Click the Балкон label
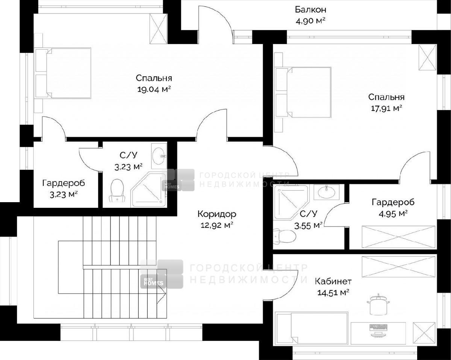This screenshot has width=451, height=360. click(x=310, y=10)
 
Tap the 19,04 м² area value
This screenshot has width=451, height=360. click(x=154, y=89)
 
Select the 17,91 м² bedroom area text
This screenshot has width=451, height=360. click(x=386, y=109)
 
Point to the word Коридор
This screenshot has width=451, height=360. click(x=217, y=214)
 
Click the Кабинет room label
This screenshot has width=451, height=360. click(x=333, y=281)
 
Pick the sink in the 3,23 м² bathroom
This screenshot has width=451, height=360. click(x=158, y=156)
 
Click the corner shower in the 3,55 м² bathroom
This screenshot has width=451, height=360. click(x=290, y=202)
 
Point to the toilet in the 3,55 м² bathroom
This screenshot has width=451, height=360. click(x=285, y=236)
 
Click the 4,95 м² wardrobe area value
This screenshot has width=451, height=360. click(x=393, y=214)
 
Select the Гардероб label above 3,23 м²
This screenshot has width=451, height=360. click(x=64, y=183)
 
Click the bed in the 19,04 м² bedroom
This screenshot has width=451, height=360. click(x=63, y=73)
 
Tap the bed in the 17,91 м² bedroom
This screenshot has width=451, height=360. click(x=303, y=92)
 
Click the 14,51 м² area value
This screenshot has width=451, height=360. click(x=333, y=292)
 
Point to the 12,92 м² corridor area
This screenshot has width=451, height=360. click(x=217, y=225)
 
